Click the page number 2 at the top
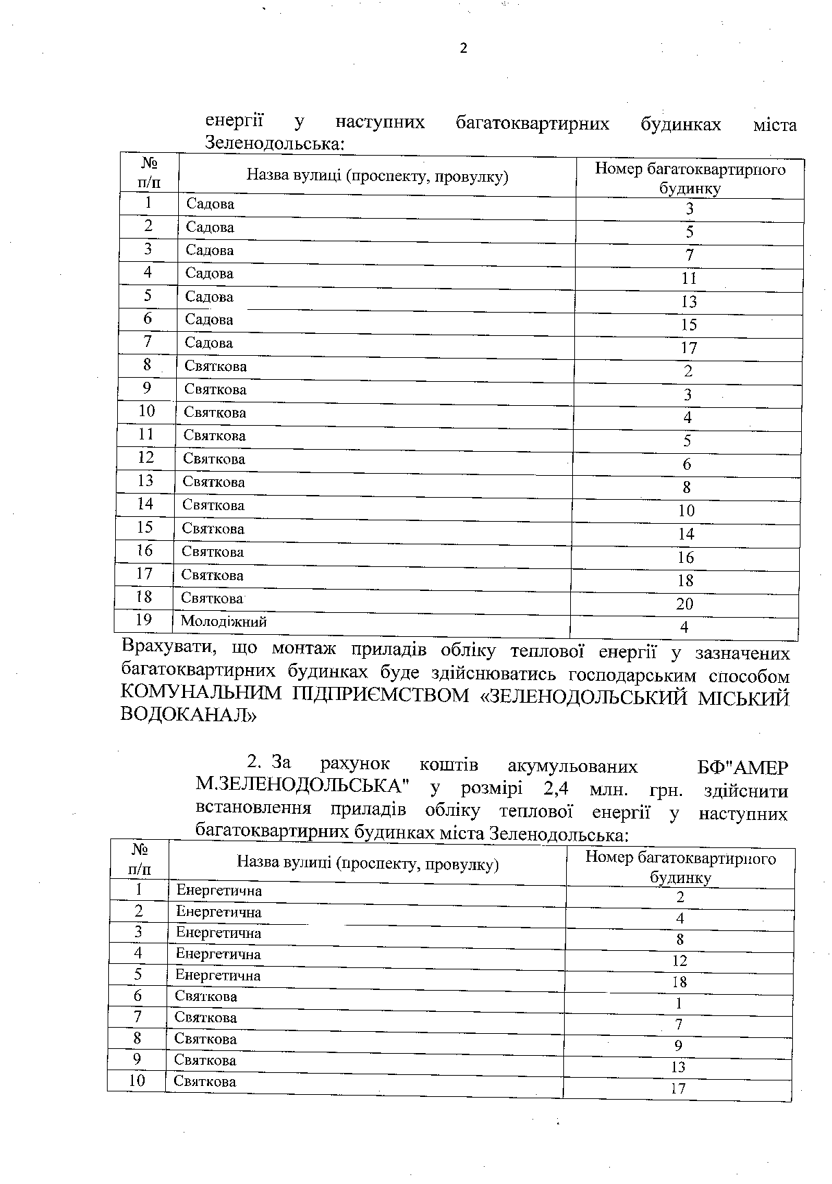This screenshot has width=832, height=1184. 463,48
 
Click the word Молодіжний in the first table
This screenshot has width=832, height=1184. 223,621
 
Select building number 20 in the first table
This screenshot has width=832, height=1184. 685,603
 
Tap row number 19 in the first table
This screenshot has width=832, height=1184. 144,620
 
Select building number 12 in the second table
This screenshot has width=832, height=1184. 679,961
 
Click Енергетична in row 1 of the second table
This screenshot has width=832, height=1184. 219,891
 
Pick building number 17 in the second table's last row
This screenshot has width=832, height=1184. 678,1088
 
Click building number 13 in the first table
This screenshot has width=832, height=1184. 689,302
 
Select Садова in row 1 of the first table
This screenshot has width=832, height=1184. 210,204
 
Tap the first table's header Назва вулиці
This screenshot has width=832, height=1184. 377,177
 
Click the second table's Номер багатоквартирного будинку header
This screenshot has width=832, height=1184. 680,867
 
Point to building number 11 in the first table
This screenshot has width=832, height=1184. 689,278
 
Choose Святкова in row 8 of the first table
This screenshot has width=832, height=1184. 215,366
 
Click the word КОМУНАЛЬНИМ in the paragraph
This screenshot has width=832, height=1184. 201,696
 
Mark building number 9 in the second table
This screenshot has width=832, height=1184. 678,1046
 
